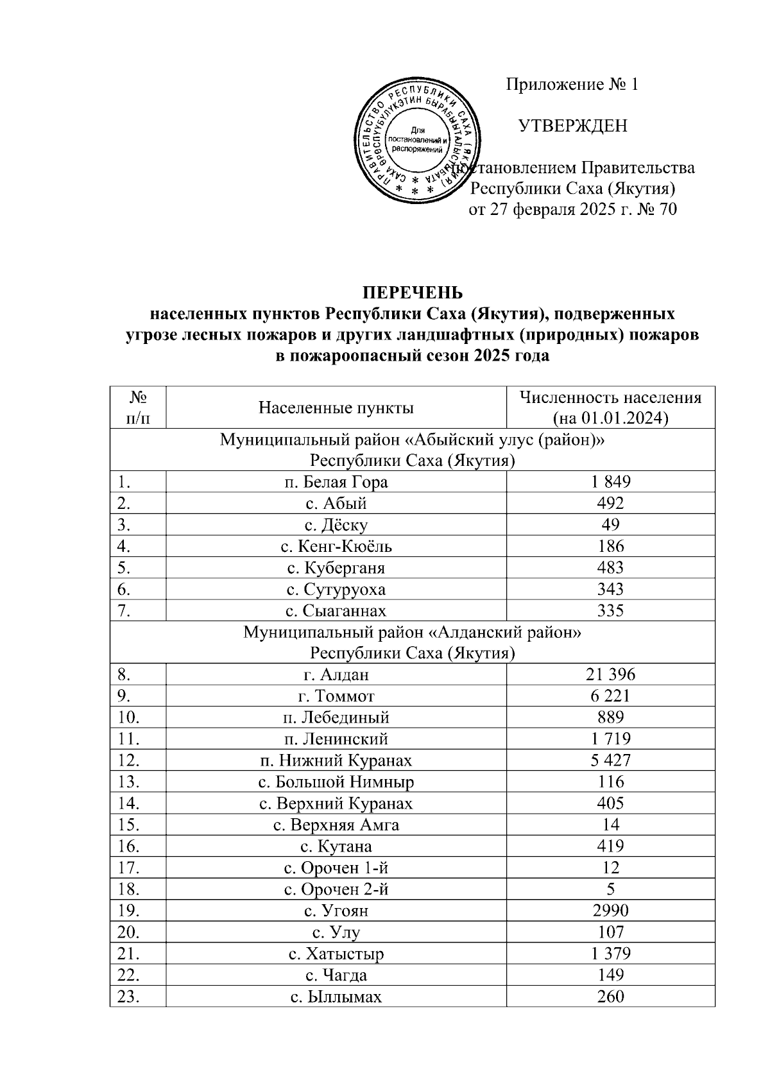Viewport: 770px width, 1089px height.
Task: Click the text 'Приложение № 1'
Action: [572, 84]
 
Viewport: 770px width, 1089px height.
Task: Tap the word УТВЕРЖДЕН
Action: [572, 126]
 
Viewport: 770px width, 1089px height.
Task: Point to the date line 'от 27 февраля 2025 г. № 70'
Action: [572, 209]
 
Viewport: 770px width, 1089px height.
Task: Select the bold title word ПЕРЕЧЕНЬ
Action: [412, 293]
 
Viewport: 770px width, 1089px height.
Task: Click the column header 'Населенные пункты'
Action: [336, 407]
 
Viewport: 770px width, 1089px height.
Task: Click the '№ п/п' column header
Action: [137, 407]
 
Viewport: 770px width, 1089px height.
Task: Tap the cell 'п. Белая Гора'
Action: [336, 482]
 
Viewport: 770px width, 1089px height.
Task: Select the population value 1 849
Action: [610, 482]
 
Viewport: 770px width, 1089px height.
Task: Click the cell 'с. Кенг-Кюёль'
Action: [336, 546]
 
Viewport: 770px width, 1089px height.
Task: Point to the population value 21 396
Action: [610, 674]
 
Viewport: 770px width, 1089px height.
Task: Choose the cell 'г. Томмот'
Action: [336, 696]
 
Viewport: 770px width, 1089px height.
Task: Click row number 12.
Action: [128, 760]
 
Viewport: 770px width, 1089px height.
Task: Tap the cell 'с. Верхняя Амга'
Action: [336, 825]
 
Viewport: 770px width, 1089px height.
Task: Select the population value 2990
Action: [610, 911]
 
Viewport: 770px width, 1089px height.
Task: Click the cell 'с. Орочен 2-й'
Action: [336, 889]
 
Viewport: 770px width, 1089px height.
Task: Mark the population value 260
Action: [610, 997]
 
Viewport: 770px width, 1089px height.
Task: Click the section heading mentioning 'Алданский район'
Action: [412, 633]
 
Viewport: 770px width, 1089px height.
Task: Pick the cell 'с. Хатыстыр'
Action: [336, 954]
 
